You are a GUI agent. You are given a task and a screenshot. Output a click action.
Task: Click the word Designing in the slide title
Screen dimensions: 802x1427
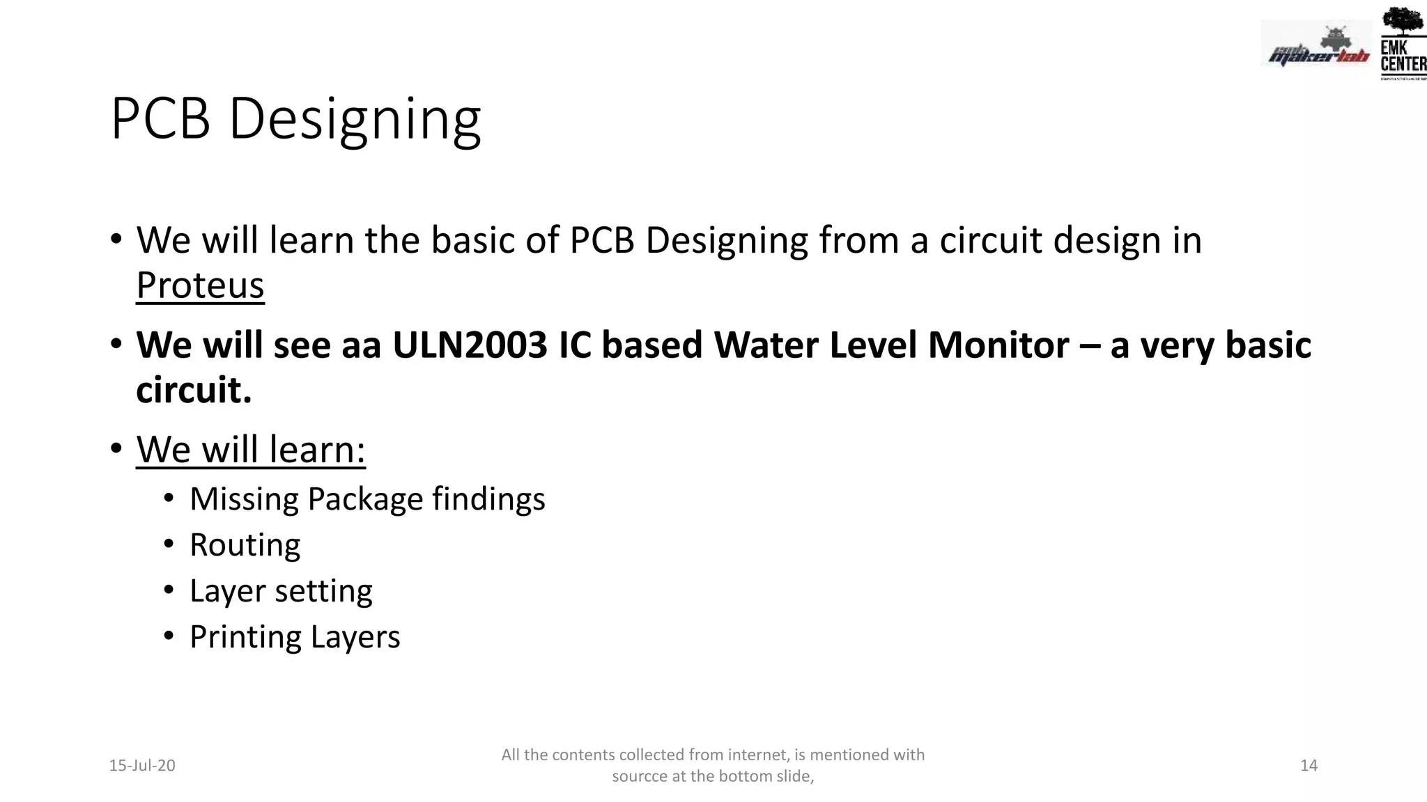click(x=355, y=120)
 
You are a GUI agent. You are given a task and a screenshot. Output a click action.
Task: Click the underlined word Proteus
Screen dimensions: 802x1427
click(x=200, y=285)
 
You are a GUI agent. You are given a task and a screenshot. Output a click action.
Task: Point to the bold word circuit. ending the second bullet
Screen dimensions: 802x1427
click(x=194, y=390)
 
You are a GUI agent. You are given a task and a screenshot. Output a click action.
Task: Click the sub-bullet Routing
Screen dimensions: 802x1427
click(x=245, y=545)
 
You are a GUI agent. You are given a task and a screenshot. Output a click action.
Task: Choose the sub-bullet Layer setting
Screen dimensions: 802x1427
click(x=281, y=591)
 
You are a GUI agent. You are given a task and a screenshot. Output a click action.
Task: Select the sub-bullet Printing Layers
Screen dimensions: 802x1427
click(x=295, y=637)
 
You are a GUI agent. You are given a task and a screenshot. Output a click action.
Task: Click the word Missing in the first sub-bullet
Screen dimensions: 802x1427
click(x=244, y=499)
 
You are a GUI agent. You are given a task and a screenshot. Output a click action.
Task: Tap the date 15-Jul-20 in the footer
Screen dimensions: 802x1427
click(x=142, y=766)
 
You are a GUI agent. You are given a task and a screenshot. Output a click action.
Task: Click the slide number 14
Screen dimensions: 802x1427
click(x=1309, y=766)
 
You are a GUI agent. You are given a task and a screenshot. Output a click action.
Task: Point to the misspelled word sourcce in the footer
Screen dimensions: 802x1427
click(x=640, y=776)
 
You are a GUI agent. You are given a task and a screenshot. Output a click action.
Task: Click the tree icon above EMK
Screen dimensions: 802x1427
click(x=1403, y=21)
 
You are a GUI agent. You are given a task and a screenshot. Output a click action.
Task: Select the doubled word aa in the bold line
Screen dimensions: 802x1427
click(x=361, y=345)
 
